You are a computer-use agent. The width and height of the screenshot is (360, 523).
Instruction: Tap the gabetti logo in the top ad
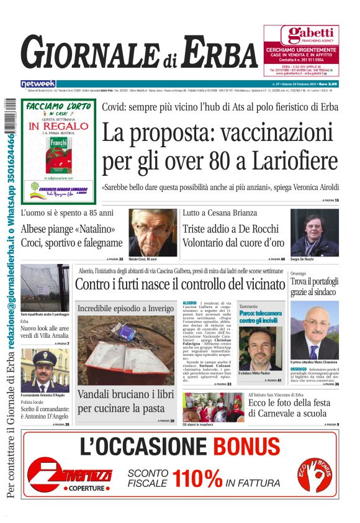pos(301,34)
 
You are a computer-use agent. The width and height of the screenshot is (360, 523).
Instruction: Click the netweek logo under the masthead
pos(38,83)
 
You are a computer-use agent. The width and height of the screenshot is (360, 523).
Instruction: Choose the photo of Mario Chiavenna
pos(315,330)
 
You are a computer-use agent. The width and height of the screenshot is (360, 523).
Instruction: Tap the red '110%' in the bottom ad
pos(197,478)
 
